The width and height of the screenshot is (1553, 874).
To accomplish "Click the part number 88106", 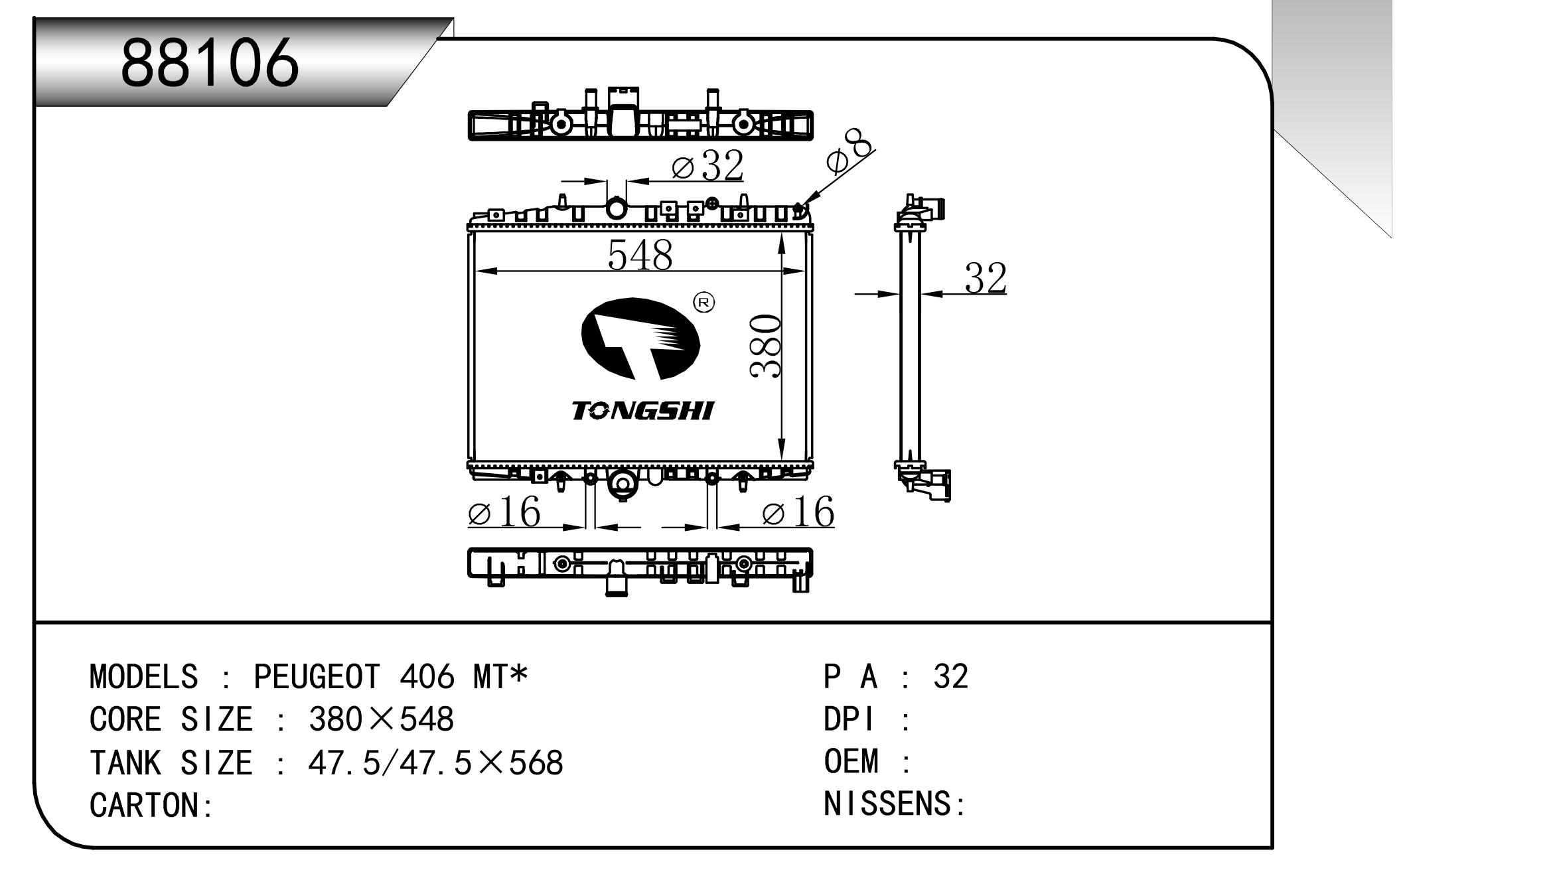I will click(x=210, y=64).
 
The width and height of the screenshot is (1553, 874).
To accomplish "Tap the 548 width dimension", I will click(x=640, y=255).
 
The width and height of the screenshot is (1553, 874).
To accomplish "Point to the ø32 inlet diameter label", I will click(x=707, y=166).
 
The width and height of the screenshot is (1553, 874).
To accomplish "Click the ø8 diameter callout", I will click(x=849, y=154).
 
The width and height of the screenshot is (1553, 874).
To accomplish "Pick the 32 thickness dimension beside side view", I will click(x=985, y=278).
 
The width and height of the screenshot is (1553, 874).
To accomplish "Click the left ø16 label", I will click(x=504, y=513).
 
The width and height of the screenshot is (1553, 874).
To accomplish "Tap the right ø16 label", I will click(x=798, y=513).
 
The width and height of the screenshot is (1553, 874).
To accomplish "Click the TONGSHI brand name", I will click(x=642, y=411).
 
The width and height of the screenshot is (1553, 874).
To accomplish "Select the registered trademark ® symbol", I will click(x=703, y=303).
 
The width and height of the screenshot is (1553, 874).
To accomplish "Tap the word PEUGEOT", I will click(x=317, y=677).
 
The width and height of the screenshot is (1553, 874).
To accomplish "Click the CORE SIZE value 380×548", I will click(x=381, y=719).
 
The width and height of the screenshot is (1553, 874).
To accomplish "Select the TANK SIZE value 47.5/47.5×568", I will click(x=435, y=763).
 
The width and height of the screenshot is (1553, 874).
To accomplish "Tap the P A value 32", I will click(x=950, y=677).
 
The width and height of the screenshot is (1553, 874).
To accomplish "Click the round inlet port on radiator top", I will click(x=617, y=208).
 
